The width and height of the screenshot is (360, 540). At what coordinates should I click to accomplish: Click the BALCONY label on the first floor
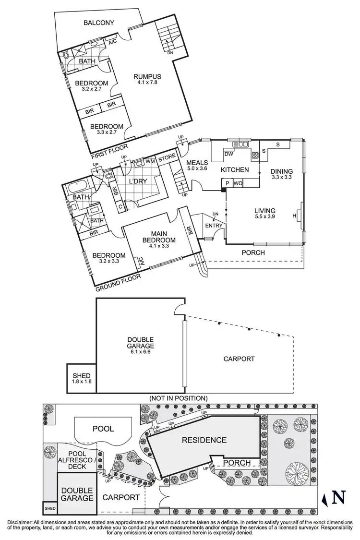[99, 23]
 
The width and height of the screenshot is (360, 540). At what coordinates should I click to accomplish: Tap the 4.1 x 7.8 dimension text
[147, 83]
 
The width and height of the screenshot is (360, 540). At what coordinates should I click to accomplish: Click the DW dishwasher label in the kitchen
[228, 154]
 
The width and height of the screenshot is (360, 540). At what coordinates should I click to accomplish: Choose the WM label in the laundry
[150, 161]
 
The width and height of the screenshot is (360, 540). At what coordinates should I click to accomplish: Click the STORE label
[167, 156]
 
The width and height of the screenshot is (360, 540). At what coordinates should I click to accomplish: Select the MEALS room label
[197, 163]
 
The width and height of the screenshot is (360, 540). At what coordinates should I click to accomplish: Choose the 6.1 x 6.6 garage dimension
[140, 352]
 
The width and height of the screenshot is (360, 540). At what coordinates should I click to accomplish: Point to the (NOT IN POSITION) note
[178, 398]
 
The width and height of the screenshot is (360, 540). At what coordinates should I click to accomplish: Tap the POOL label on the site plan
[103, 428]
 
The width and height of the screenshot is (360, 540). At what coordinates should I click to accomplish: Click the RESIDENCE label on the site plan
[204, 440]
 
